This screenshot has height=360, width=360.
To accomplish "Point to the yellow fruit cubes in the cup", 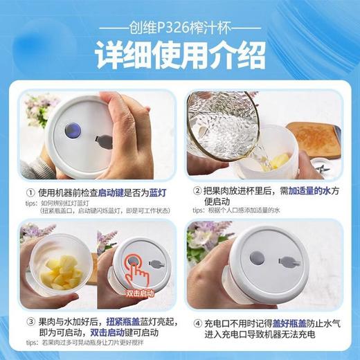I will click(x=63, y=273).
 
